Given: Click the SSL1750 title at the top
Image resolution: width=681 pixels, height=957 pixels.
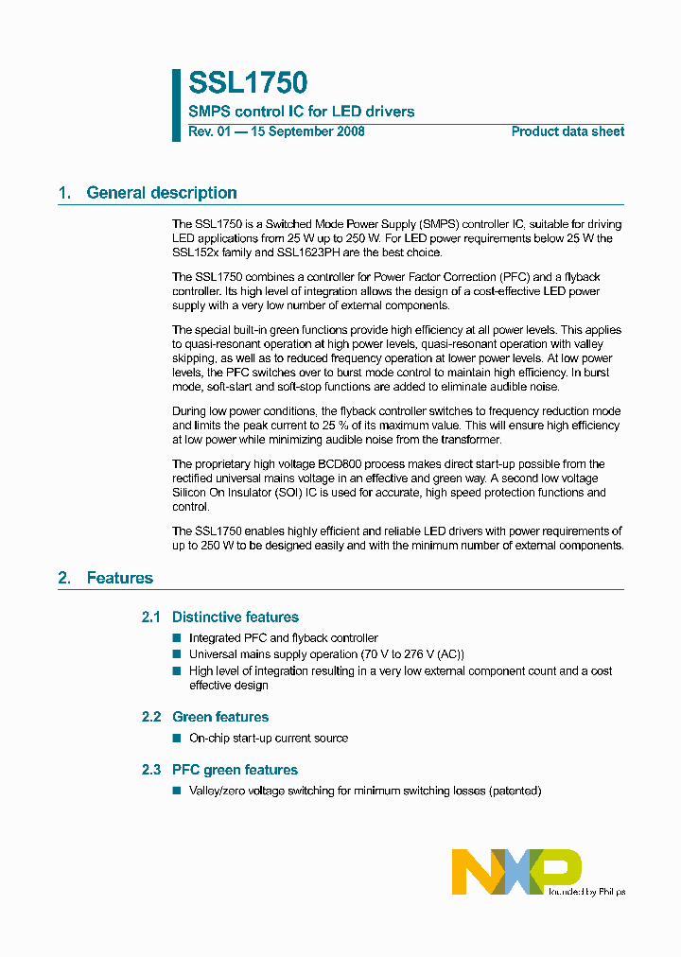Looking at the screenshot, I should click(248, 84).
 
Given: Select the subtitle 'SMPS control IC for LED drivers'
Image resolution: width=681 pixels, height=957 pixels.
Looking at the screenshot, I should click(301, 112).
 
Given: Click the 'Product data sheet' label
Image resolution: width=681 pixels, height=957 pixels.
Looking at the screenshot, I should click(567, 131).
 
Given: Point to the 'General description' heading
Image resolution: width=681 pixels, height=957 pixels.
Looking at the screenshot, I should click(161, 193).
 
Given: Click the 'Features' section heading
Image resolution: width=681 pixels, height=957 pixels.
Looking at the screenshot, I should click(119, 578).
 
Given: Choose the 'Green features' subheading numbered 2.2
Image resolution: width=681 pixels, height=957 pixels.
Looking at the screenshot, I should click(219, 717).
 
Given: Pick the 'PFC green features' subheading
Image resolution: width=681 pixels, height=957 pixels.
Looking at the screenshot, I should click(235, 770).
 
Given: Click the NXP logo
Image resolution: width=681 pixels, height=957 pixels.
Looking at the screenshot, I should click(515, 870).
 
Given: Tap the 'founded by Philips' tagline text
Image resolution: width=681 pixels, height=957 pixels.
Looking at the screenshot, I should click(587, 891).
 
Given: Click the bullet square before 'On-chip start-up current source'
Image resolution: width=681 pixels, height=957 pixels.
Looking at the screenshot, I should click(176, 738).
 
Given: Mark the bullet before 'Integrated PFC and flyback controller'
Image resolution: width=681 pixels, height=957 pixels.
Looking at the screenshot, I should click(176, 638).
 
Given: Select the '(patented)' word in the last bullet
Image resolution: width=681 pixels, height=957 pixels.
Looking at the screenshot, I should click(515, 791).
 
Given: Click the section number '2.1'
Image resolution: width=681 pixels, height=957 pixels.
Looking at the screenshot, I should click(151, 618).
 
